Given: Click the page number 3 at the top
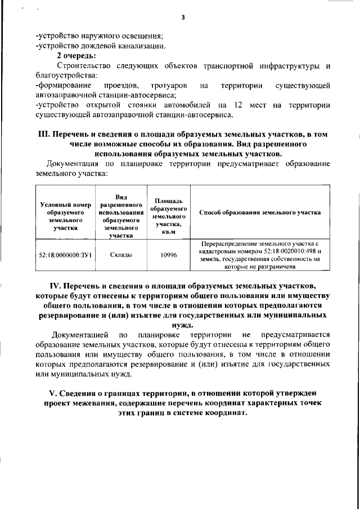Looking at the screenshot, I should [183, 17].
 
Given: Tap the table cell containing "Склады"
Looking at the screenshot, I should [121, 255].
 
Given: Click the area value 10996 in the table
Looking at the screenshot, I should [169, 255].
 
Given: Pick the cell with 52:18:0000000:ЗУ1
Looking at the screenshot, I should [66, 255].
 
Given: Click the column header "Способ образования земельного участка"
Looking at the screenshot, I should [260, 213].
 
